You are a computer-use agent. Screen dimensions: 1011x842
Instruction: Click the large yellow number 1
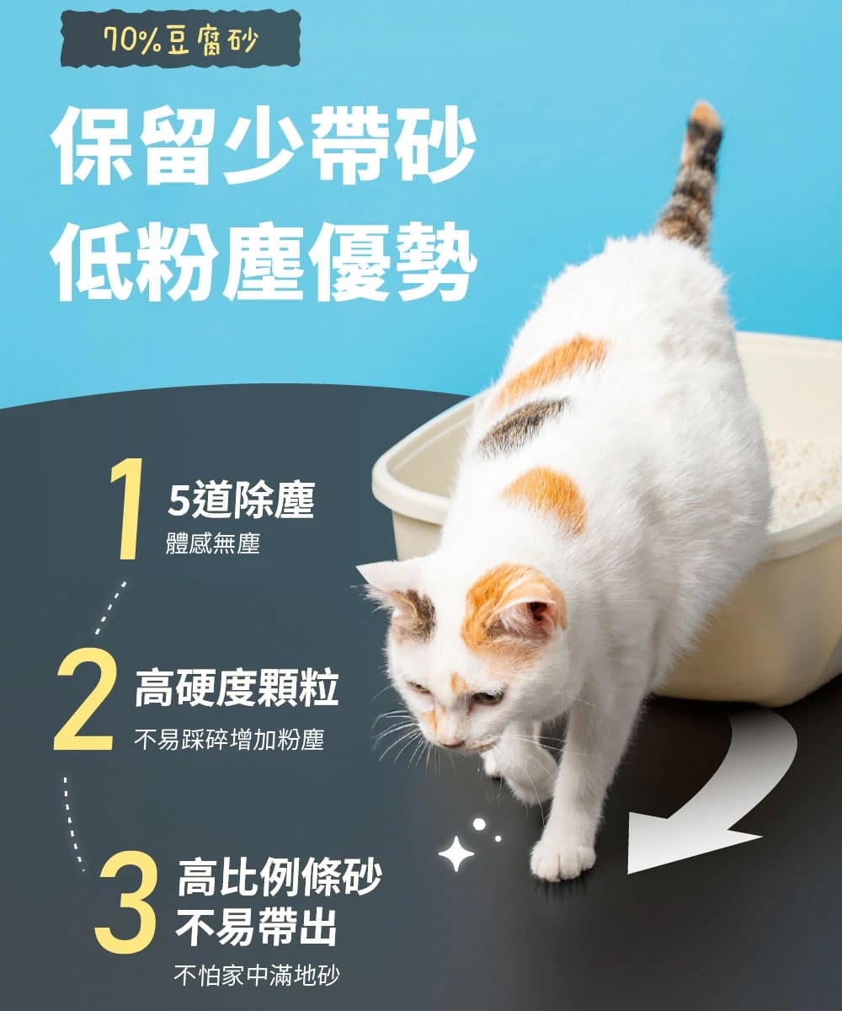(125, 510)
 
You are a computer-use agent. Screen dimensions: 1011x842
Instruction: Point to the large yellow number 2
(84, 703)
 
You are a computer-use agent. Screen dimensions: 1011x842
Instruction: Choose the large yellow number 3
(126, 901)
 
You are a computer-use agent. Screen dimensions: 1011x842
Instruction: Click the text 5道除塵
(241, 501)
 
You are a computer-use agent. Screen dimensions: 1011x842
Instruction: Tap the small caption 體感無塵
(213, 544)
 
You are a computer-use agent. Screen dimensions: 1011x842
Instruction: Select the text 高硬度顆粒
(237, 690)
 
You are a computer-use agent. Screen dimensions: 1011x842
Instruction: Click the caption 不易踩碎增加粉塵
(229, 741)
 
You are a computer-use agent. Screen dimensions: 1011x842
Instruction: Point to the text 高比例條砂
(279, 877)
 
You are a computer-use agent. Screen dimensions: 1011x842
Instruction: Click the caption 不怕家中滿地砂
(257, 976)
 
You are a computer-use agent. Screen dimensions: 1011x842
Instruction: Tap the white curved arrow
(716, 800)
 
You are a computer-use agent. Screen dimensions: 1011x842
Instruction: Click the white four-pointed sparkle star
(456, 853)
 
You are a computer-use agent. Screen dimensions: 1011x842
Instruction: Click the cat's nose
(453, 743)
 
